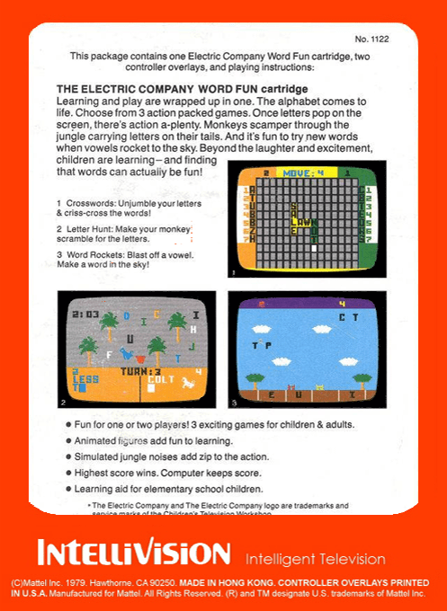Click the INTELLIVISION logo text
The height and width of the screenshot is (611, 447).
click(133, 551)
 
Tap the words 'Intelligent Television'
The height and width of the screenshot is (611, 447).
click(315, 559)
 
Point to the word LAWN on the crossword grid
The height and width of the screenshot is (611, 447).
click(305, 222)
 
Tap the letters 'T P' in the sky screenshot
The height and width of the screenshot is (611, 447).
click(263, 344)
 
